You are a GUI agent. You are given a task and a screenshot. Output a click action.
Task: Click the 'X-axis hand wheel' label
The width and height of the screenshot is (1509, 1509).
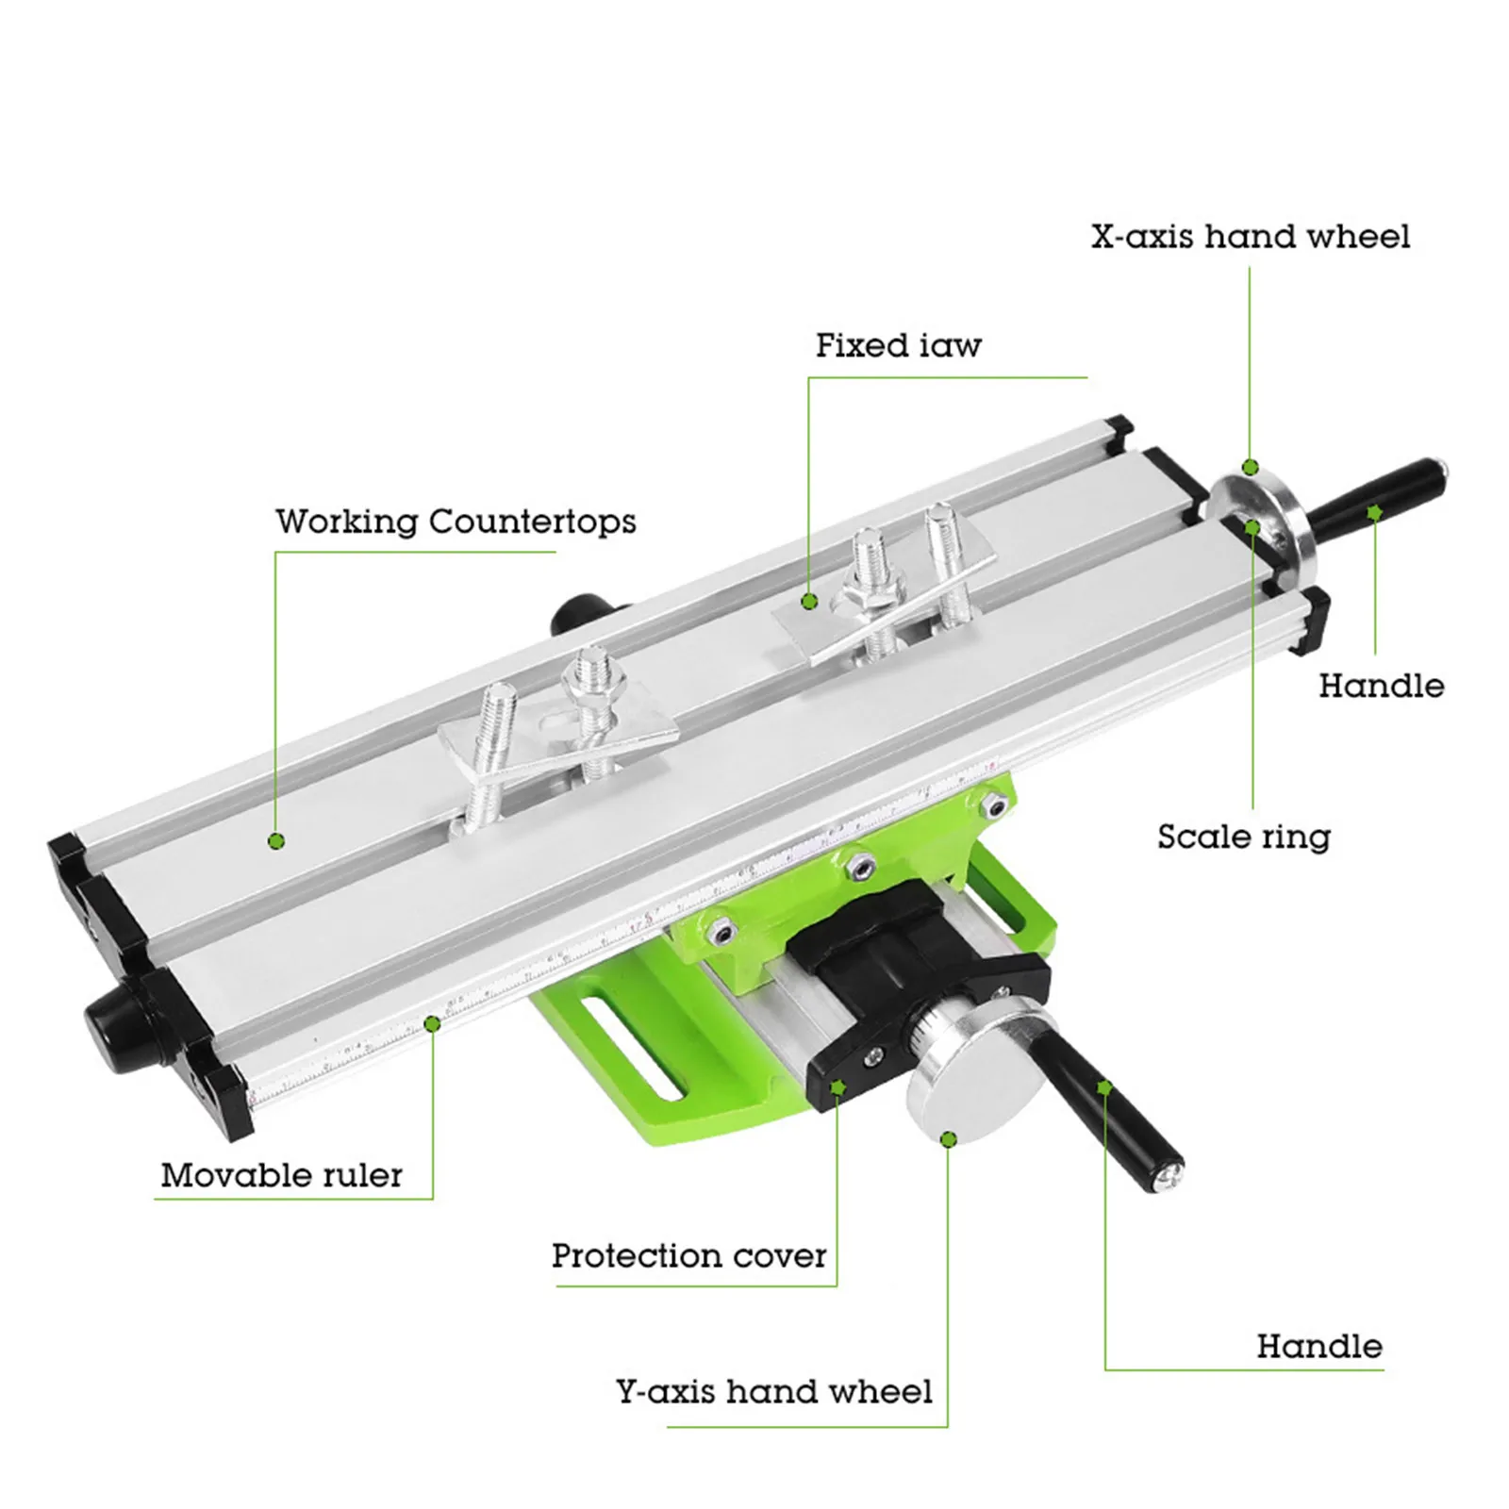pyautogui.click(x=1250, y=237)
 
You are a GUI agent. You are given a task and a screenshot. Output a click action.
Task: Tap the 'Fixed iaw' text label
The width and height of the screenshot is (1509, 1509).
pyautogui.click(x=898, y=346)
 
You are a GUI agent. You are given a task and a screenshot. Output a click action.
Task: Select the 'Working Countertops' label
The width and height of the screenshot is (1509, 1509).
pyautogui.click(x=456, y=522)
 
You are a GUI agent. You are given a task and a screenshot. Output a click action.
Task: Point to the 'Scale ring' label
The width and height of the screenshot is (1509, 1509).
pyautogui.click(x=1243, y=837)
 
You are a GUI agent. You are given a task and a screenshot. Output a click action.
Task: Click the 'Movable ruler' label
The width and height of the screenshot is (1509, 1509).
pyautogui.click(x=281, y=1175)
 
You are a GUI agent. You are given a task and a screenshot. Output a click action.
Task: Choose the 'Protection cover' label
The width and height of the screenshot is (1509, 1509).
pyautogui.click(x=688, y=1256)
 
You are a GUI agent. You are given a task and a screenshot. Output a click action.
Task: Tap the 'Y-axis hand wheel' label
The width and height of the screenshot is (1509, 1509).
pyautogui.click(x=774, y=1392)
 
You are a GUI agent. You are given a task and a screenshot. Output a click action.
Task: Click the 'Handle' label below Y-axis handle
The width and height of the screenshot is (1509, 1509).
pyautogui.click(x=1318, y=1347)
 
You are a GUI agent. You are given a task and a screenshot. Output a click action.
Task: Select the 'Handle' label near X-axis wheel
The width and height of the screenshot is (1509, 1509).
pyautogui.click(x=1381, y=686)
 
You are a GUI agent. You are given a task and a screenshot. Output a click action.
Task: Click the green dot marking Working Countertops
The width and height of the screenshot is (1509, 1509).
pyautogui.click(x=276, y=840)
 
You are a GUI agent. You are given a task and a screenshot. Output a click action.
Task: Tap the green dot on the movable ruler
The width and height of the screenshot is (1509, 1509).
pyautogui.click(x=432, y=1023)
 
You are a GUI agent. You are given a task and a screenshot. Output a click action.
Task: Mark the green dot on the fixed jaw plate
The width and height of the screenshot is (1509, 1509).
pyautogui.click(x=808, y=601)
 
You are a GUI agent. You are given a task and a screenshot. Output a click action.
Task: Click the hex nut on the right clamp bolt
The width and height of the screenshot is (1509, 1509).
pyautogui.click(x=869, y=593)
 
